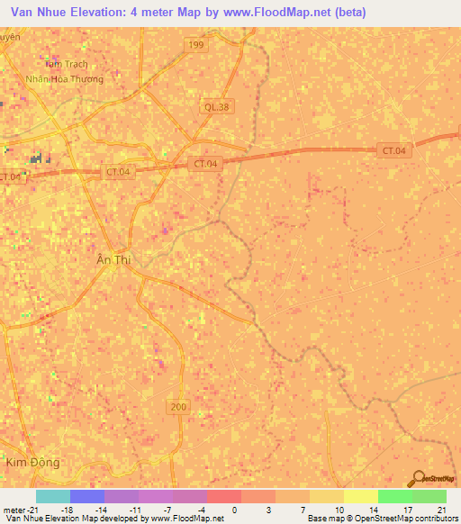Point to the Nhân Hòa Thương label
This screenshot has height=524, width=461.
pyautogui.click(x=64, y=79)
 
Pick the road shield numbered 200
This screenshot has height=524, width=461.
pyautogui.click(x=177, y=408)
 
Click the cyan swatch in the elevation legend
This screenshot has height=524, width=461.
pyautogui.click(x=53, y=496)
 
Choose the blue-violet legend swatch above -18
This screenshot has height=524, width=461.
pyautogui.click(x=87, y=496)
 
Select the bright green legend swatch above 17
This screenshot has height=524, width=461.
pyautogui.click(x=394, y=496)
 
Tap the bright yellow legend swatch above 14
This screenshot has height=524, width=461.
pyautogui.click(x=360, y=496)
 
